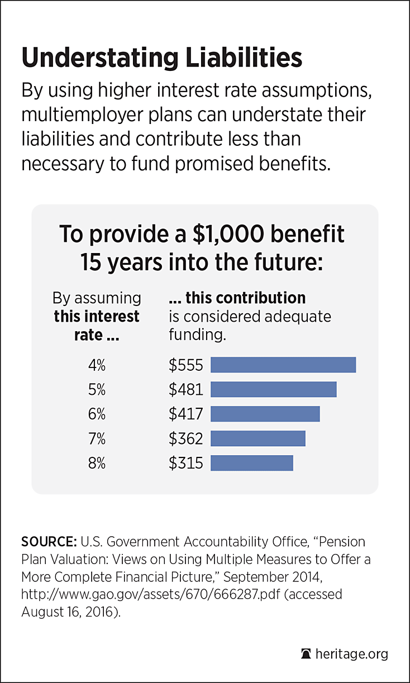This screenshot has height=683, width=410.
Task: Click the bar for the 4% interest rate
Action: (283, 365)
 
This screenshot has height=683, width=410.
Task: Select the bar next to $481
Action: (274, 389)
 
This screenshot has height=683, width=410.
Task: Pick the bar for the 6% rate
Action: (265, 414)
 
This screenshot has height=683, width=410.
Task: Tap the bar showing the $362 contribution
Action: (258, 438)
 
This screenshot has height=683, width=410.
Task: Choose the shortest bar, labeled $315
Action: (252, 463)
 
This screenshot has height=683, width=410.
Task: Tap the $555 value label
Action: (186, 365)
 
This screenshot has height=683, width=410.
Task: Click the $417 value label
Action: (186, 414)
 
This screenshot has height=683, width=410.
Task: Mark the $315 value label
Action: (186, 464)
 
